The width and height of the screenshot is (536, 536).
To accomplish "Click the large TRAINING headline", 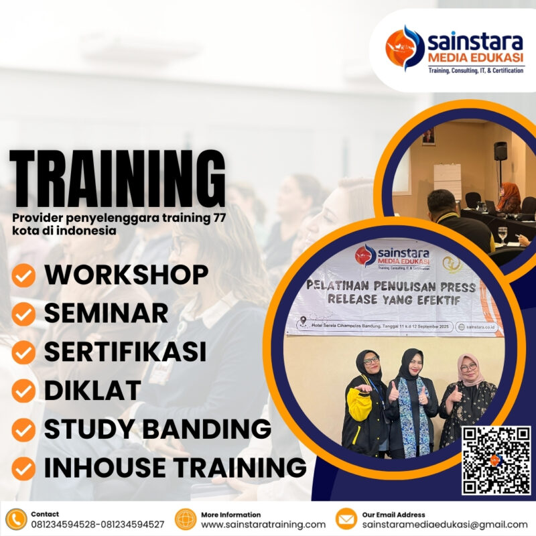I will pos(117,180).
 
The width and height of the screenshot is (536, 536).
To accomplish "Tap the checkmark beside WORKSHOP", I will pos(24,275).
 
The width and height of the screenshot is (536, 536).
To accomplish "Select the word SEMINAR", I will pos(106,313).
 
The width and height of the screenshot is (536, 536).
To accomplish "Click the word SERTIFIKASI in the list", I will pos(125,352).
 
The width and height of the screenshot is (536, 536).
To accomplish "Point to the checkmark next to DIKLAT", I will pos(24,391).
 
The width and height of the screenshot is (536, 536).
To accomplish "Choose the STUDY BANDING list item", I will pos(157,428).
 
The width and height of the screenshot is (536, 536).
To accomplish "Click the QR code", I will pos(496,460).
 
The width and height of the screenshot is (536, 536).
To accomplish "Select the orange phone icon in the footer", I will pos(15,519).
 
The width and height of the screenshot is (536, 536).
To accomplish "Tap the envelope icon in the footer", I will pos(346,519).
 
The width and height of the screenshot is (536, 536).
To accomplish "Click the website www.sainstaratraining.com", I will pos(263,525).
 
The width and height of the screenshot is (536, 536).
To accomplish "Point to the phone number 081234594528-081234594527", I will pos(97,525).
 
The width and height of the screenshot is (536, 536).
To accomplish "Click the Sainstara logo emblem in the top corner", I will pos(404,48).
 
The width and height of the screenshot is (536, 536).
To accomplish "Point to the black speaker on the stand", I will pos(500,151).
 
